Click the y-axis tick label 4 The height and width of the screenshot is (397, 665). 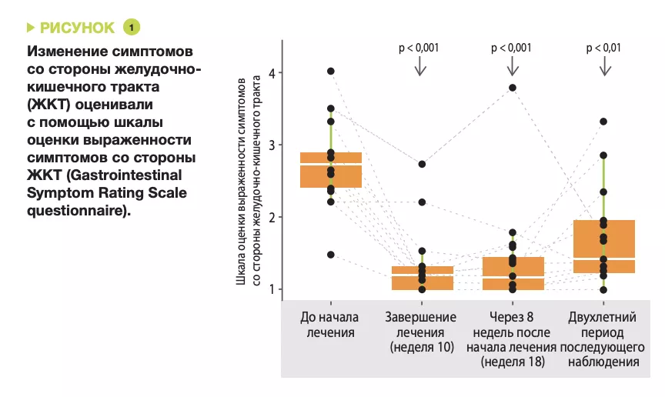coord(272,73)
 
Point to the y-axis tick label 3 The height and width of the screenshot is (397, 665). coord(272,145)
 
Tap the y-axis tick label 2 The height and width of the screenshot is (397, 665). coord(272,218)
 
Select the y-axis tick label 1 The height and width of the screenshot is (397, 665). coord(272,289)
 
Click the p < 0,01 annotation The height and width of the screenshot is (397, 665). coord(605,48)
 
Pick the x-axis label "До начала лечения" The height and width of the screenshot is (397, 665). coord(329,325)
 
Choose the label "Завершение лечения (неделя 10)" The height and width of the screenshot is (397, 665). coord(420,332)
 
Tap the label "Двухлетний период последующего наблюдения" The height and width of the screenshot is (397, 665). coord(604,339)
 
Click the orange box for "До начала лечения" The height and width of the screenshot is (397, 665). coord(331,170)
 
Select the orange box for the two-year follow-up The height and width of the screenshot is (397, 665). coord(604,246)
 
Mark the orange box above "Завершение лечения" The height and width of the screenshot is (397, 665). coord(422,278)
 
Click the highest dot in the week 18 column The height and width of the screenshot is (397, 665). coord(513,88)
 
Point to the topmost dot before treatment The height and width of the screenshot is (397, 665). coord(331,71)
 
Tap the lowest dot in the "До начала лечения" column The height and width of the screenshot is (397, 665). coord(331,255)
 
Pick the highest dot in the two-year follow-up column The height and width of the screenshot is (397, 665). coord(604,122)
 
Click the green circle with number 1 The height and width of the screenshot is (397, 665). coord(132,28)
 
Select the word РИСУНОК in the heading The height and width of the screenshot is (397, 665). coord(77,28)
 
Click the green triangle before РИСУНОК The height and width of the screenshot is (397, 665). coord(31,28)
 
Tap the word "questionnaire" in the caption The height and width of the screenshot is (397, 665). coord(74,209)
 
